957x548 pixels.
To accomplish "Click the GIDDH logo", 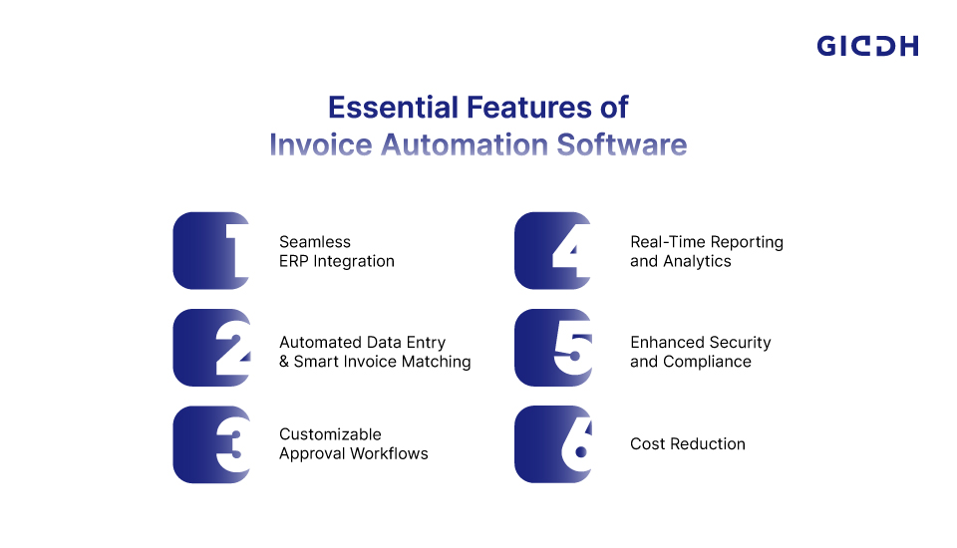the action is [x=867, y=46].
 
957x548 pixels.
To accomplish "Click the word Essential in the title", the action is [x=393, y=108].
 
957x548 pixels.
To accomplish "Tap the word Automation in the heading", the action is [x=465, y=145].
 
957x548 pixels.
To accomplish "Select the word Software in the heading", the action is [x=621, y=145].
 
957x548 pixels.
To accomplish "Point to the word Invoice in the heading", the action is [x=321, y=145].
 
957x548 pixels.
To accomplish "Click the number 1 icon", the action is [x=211, y=250].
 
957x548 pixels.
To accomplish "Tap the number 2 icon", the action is [x=211, y=347].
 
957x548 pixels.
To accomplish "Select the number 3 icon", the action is [x=211, y=444].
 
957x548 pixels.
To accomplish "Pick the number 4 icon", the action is [x=553, y=250].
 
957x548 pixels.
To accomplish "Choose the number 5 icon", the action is [x=553, y=347].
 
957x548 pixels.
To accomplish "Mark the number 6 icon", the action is [x=553, y=444].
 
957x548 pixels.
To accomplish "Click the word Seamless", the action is [x=315, y=242].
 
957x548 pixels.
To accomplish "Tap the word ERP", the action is [x=293, y=261].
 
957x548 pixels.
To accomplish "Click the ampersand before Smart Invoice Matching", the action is [x=284, y=362].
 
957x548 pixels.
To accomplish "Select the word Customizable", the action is [x=330, y=434].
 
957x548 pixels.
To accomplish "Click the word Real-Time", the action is [x=668, y=242].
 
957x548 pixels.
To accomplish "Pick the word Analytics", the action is [x=697, y=262].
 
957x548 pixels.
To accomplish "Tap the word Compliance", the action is [x=707, y=362].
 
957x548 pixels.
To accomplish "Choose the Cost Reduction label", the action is [x=687, y=444].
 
